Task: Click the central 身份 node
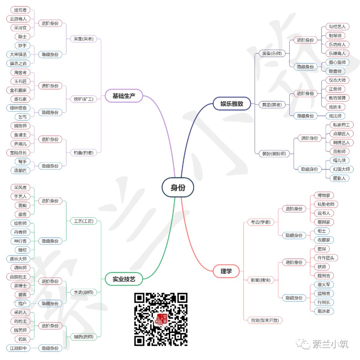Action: click(x=178, y=187)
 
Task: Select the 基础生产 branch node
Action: click(x=124, y=96)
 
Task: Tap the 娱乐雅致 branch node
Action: click(x=232, y=104)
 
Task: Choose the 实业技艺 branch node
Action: click(x=124, y=279)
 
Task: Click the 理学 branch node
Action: click(x=226, y=271)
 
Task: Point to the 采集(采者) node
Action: click(x=84, y=39)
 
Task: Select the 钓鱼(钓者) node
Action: click(x=84, y=152)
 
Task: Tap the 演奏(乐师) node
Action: click(x=272, y=53)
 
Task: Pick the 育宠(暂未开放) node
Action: click(x=265, y=320)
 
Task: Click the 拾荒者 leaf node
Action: click(x=20, y=10)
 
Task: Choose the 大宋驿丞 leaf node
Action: click(x=18, y=54)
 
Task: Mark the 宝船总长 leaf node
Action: click(x=18, y=152)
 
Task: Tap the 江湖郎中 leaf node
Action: click(x=18, y=348)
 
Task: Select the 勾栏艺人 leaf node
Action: click(x=337, y=27)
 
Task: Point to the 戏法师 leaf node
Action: click(x=335, y=116)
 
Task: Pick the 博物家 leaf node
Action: click(x=324, y=195)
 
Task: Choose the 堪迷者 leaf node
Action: click(x=324, y=311)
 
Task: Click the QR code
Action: click(x=161, y=319)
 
